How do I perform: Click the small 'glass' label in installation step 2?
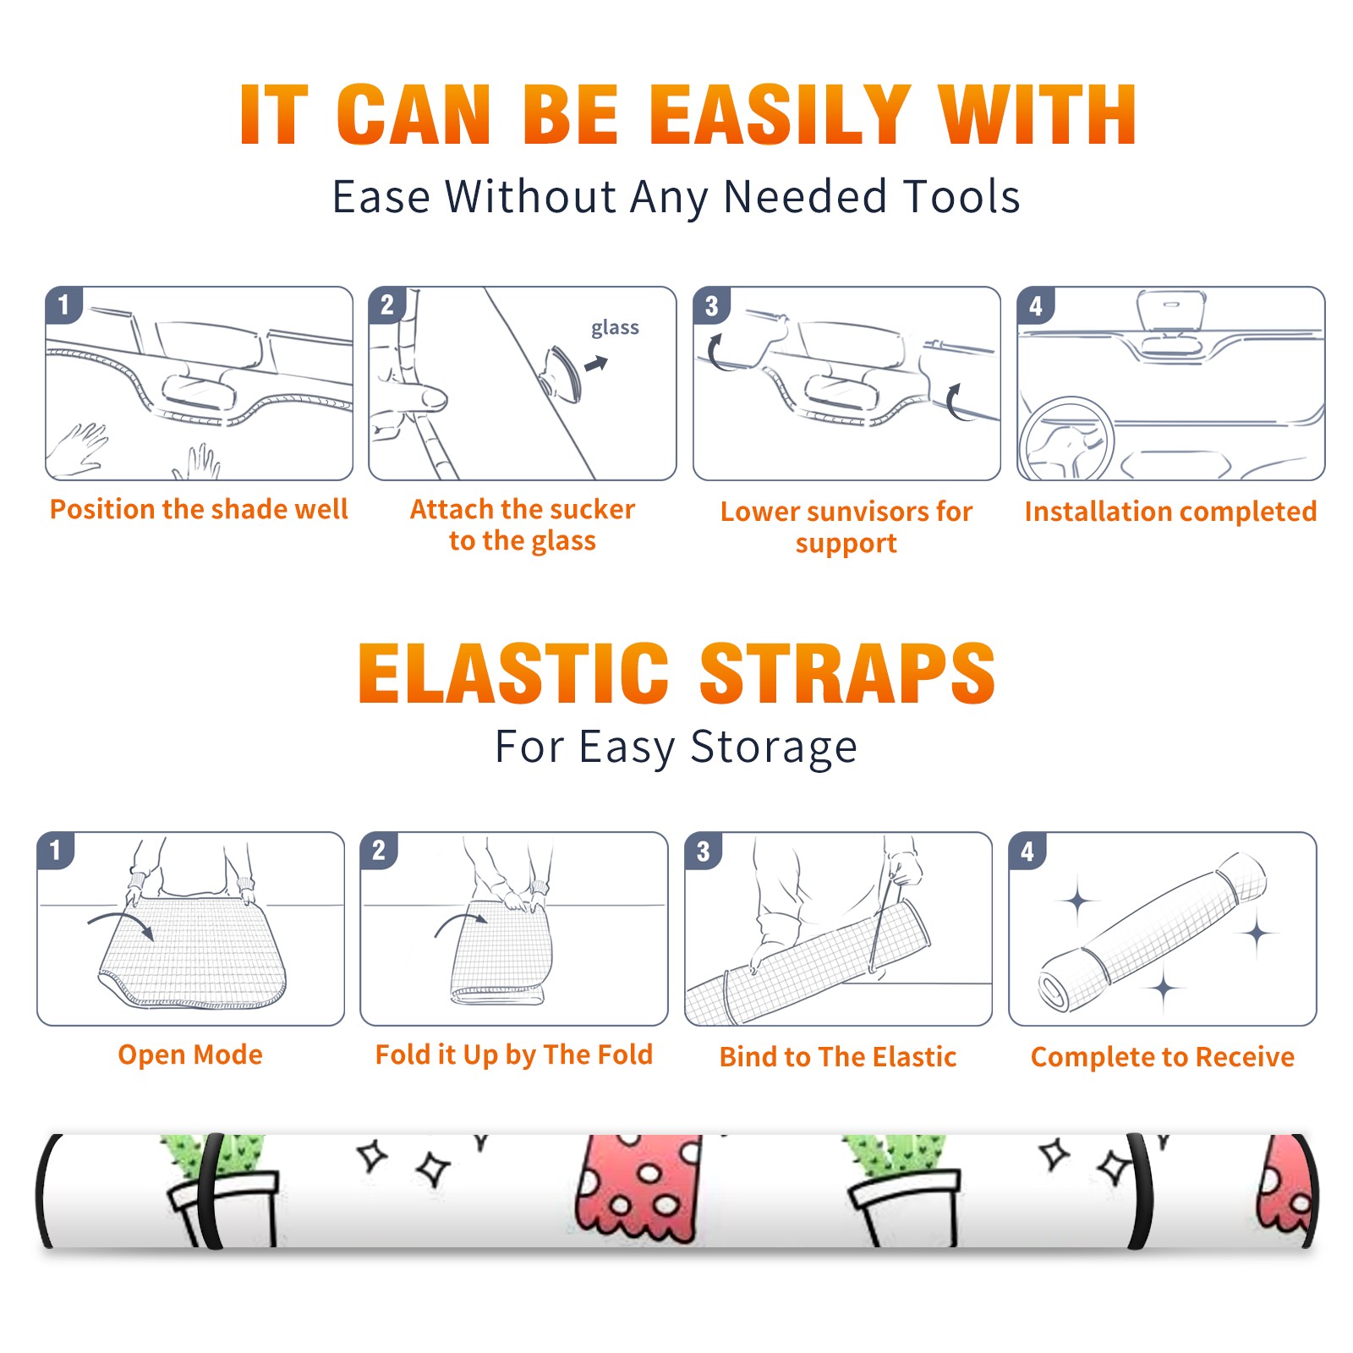point(615,327)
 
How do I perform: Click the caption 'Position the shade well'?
point(199,509)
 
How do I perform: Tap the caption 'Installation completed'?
point(1170,511)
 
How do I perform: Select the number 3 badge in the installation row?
point(711,305)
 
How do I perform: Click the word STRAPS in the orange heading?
point(847,673)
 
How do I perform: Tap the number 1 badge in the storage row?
point(56,850)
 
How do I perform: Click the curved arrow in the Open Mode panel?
point(121,923)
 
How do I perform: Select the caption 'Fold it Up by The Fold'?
point(514,1054)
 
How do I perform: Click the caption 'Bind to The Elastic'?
point(838,1056)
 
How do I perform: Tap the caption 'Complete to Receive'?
point(1163,1056)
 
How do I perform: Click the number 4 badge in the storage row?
point(1027,850)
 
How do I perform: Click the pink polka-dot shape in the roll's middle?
point(639,1188)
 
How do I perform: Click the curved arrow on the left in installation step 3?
point(712,353)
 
